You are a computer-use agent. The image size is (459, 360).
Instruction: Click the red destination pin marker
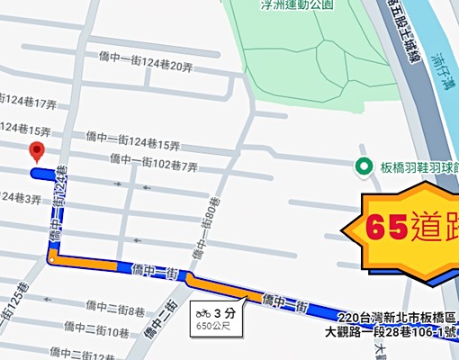click(37, 151)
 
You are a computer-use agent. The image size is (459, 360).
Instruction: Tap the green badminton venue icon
click(364, 166)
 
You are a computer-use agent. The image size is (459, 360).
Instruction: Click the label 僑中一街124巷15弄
click(134, 139)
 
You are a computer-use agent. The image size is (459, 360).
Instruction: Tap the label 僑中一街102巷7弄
click(153, 161)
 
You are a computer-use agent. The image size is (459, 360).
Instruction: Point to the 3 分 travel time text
click(218, 312)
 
